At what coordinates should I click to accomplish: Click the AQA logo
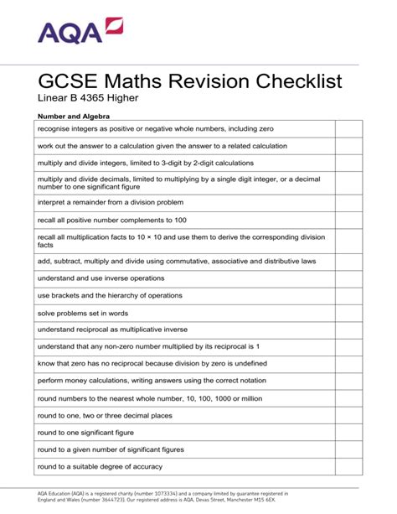(80, 32)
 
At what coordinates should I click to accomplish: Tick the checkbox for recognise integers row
(348, 129)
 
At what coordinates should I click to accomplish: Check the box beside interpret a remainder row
(348, 203)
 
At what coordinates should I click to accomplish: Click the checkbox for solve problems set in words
(348, 313)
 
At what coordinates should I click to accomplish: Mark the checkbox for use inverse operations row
(348, 278)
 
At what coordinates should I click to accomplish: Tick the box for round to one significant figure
(348, 433)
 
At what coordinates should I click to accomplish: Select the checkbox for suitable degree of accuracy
(348, 466)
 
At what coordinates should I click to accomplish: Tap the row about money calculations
(152, 381)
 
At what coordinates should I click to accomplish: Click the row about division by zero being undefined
(152, 363)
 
